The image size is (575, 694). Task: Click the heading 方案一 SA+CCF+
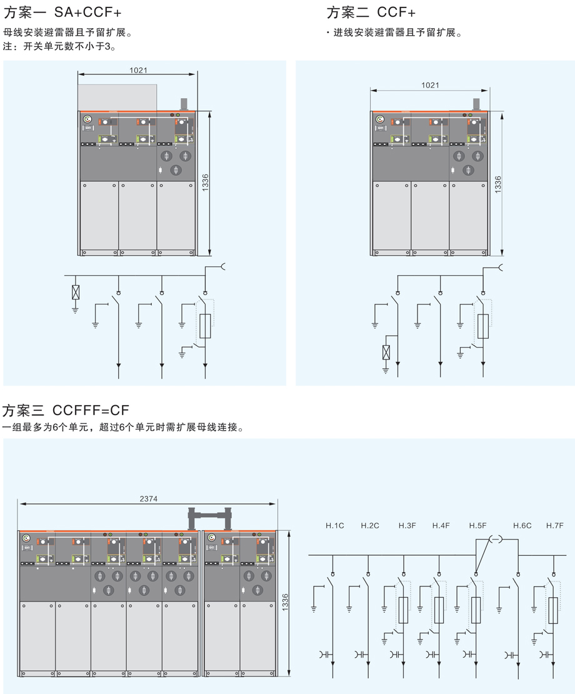[x=62, y=13]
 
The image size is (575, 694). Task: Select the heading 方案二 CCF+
[x=371, y=13]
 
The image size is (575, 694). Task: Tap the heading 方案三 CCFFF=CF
[x=66, y=410]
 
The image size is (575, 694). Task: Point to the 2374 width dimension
[x=149, y=499]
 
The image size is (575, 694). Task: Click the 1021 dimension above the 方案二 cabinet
[x=430, y=85]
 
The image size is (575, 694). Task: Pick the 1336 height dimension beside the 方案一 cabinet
[x=205, y=183]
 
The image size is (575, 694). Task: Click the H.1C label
[x=335, y=525]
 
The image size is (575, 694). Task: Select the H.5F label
[x=477, y=525]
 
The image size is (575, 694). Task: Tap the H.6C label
[x=522, y=525]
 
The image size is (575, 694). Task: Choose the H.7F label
[x=554, y=525]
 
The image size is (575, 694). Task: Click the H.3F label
[x=407, y=525]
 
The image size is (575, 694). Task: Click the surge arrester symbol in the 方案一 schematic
[x=76, y=292]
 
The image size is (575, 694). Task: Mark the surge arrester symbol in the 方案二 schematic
[x=386, y=352]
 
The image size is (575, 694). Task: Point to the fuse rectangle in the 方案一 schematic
[x=205, y=326]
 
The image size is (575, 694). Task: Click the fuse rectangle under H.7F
[x=553, y=610]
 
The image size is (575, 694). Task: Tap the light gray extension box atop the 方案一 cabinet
[x=117, y=98]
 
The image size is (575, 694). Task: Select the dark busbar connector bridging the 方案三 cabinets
[x=209, y=519]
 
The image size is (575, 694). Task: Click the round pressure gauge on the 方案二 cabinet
[x=379, y=119]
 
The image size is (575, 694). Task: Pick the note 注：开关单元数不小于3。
[x=60, y=46]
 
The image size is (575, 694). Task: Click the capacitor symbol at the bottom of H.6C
[x=512, y=654]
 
